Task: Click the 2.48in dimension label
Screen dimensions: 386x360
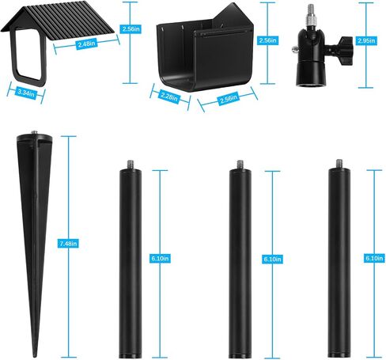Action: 86,44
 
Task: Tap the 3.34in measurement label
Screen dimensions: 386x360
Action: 26,93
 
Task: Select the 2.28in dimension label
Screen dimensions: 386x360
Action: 169,97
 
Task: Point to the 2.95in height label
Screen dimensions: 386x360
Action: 365,40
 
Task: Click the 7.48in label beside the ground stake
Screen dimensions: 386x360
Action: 68,244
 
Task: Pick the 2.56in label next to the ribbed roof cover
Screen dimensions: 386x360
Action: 130,28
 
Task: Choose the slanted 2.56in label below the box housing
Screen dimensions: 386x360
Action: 229,99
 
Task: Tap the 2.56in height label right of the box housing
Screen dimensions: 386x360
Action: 267,40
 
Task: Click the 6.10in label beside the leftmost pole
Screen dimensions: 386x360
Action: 160,259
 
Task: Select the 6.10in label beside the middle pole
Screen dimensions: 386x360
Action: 272,260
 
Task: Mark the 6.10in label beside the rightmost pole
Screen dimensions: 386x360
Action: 374,258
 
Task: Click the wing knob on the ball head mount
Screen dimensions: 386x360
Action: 346,51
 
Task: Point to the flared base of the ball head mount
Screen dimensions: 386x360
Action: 309,75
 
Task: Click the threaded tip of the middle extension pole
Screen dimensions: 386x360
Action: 240,165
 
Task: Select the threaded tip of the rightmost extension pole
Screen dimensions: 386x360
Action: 339,164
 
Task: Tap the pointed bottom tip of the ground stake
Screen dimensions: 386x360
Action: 34,355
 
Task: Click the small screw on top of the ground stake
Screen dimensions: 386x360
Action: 34,132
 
